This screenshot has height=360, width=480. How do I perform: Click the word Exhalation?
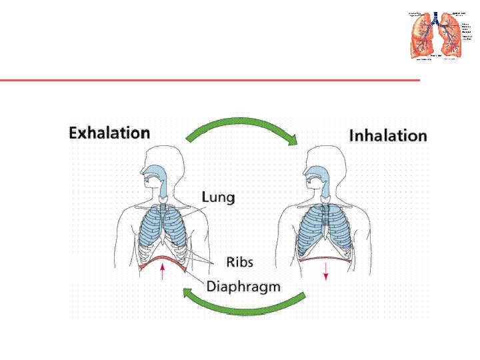click(109, 133)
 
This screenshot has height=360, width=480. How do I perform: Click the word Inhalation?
click(388, 136)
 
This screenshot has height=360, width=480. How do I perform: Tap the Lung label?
click(218, 198)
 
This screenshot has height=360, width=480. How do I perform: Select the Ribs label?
click(239, 261)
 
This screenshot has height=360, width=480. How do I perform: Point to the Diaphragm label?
click(243, 287)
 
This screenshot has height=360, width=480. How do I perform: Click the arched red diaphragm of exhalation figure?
click(162, 260)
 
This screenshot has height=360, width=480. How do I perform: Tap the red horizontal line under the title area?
click(210, 81)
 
